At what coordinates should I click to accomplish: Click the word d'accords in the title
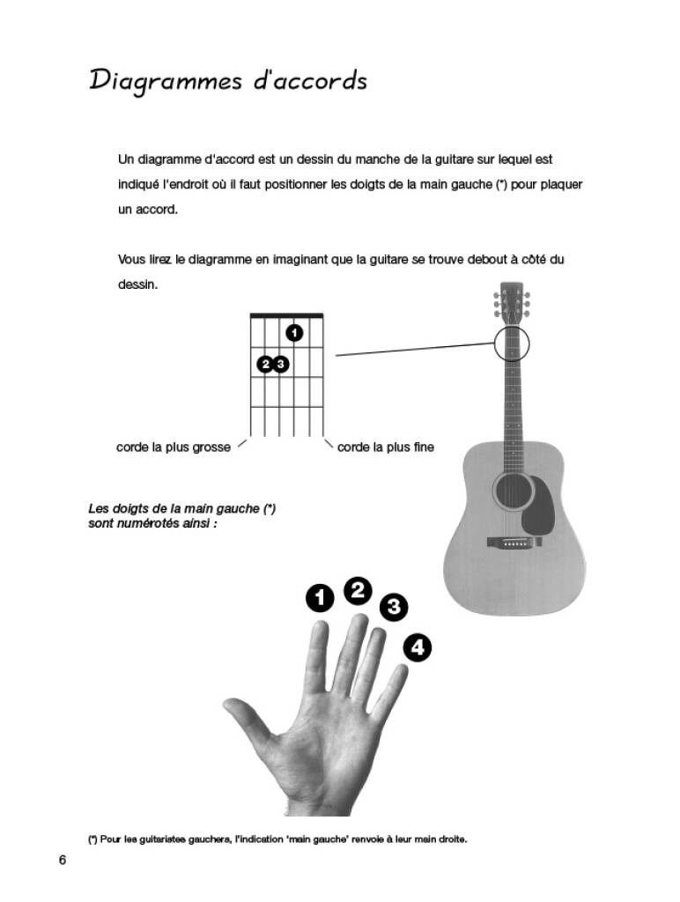click(x=310, y=80)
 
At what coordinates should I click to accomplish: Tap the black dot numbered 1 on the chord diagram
click(x=294, y=332)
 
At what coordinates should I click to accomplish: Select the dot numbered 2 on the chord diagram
click(x=265, y=364)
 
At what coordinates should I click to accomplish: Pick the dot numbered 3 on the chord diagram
click(x=280, y=364)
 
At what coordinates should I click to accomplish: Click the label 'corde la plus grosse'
click(x=174, y=447)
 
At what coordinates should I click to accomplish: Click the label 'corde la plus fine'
click(x=386, y=447)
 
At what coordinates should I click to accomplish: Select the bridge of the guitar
click(x=514, y=542)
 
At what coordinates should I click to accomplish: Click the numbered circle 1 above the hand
click(x=320, y=598)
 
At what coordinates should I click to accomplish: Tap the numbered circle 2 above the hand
click(x=358, y=591)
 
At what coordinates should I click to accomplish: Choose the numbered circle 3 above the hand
click(x=394, y=607)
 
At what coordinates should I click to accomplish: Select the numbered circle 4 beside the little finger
click(x=418, y=647)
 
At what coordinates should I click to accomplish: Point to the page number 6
click(x=63, y=860)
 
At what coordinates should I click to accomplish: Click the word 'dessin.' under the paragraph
click(x=137, y=285)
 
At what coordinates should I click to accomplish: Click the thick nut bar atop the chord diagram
click(x=286, y=315)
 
